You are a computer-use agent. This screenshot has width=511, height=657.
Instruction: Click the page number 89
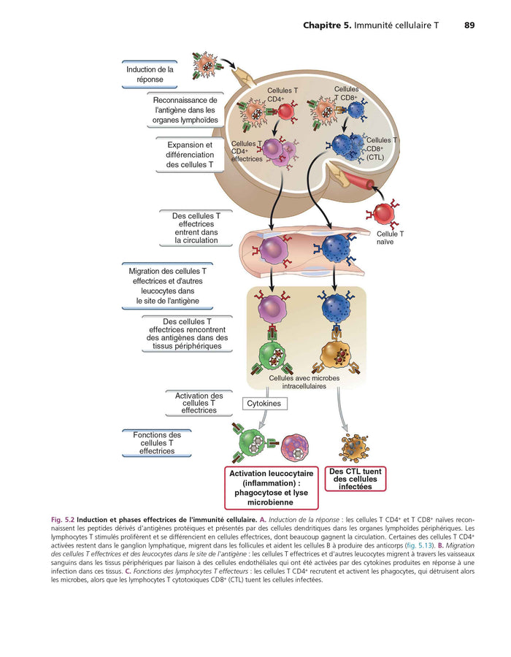(469, 26)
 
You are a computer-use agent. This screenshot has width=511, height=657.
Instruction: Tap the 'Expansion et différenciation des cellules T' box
(190, 155)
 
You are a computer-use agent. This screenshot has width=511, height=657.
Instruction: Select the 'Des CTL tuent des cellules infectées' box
(356, 479)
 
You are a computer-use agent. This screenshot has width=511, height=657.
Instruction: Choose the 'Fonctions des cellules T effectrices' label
(157, 443)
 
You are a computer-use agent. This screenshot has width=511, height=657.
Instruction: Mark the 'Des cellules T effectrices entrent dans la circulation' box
(196, 228)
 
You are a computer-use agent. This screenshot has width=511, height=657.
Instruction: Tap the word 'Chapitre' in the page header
(326, 26)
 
